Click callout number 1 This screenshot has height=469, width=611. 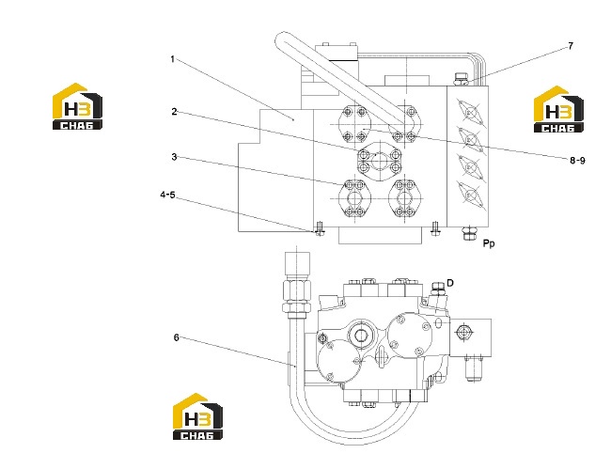pos(172,59)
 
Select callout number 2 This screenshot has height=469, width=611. pos(174,112)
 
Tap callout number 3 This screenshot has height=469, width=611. pos(174,157)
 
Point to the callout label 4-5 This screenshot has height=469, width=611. pos(167,195)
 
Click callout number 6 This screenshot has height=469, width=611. pos(176,337)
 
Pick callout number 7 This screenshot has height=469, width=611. pos(571,46)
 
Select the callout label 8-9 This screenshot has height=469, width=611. pos(577,160)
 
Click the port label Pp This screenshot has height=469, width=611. pos(489,243)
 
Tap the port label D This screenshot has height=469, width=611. pos(450,283)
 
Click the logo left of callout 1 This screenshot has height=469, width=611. pos(77,106)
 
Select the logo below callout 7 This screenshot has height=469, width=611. pos(558,109)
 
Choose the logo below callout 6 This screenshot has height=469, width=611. pos(198,416)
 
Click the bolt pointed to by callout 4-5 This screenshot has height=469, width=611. pos(320,228)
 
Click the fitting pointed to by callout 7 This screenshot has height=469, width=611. pos(461,79)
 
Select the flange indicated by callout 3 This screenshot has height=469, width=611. pos(355,198)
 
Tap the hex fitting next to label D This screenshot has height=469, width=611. pos(438,289)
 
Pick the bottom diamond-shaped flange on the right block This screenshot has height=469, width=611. pos(471,195)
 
